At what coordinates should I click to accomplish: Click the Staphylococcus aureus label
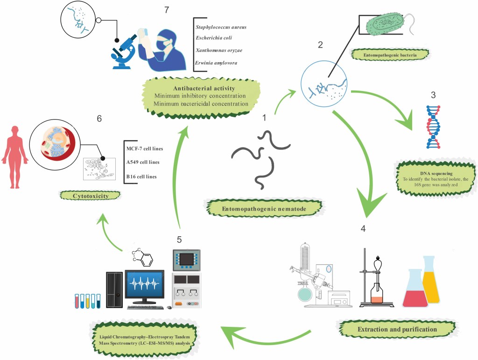pyautogui.click(x=221, y=27)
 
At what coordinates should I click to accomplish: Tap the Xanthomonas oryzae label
pyautogui.click(x=218, y=50)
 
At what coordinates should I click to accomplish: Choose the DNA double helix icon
pyautogui.click(x=433, y=127)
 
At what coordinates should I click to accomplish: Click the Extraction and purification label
pyautogui.click(x=397, y=329)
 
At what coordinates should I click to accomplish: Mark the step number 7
pyautogui.click(x=166, y=10)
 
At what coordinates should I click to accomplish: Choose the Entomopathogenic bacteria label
pyautogui.click(x=396, y=55)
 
